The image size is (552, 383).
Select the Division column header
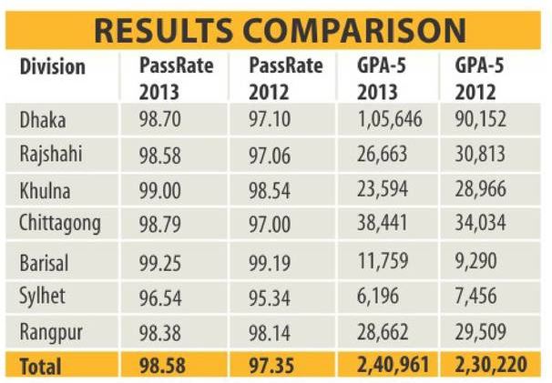[52, 67]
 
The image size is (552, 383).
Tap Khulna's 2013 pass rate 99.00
[163, 191]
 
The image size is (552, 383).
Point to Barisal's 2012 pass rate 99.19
[269, 262]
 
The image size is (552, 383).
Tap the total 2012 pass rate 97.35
[271, 367]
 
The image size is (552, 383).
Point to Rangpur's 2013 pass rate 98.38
[163, 332]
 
